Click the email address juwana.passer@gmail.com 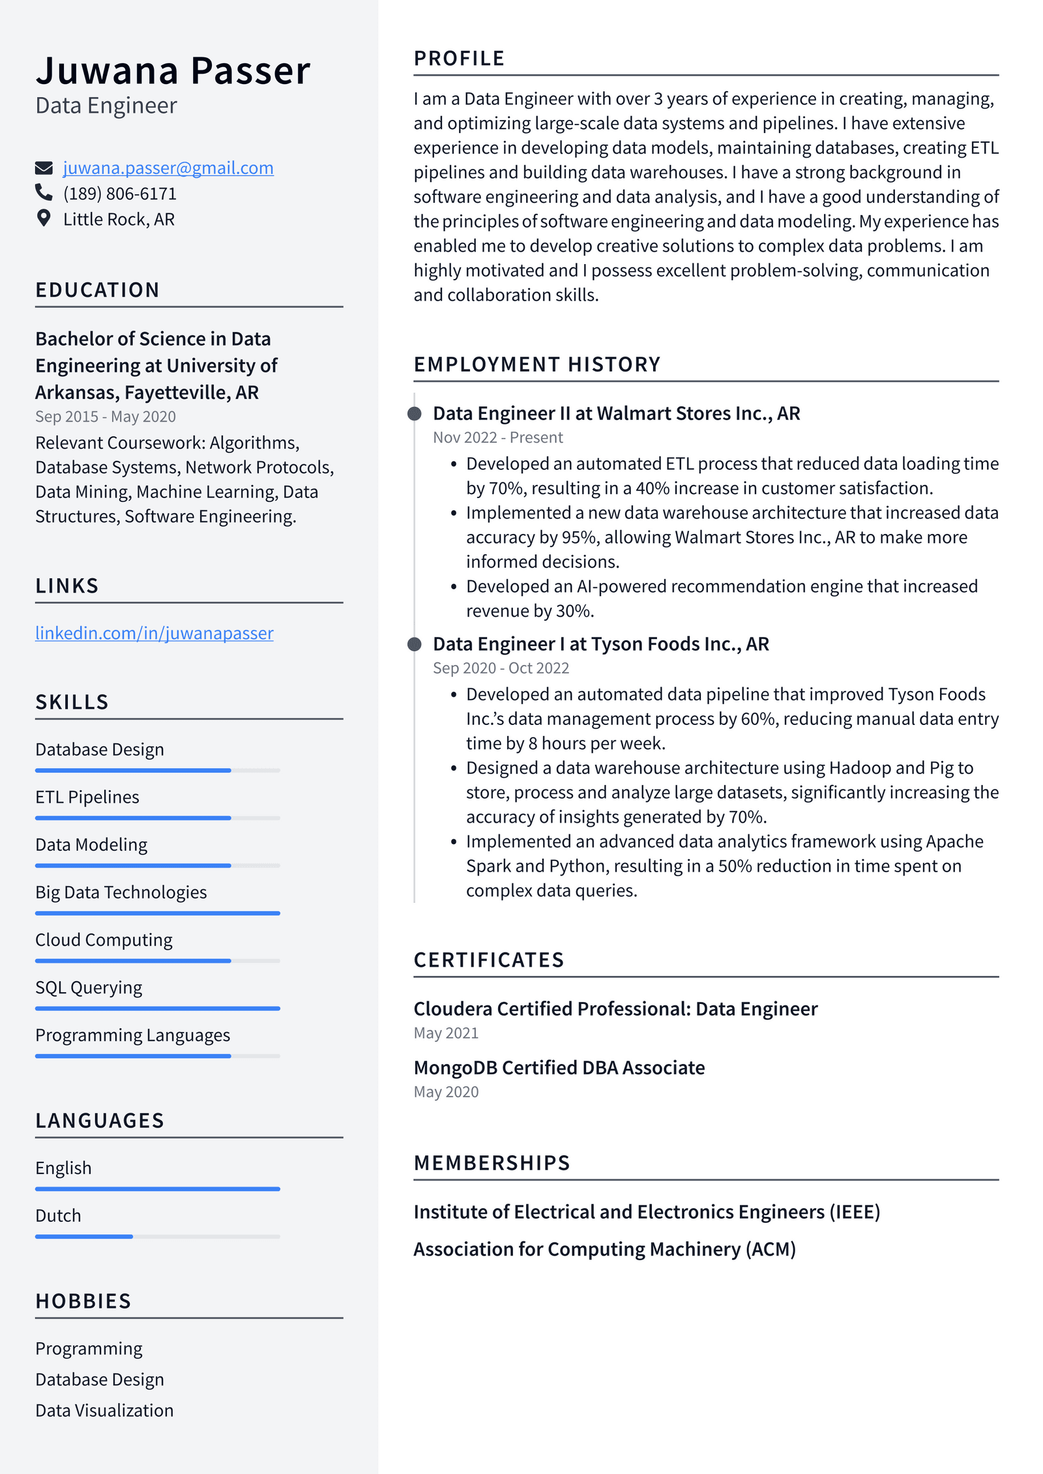(168, 168)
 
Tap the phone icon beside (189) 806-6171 (44, 192)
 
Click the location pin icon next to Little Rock (44, 218)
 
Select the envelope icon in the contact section (44, 168)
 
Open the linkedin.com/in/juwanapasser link (154, 633)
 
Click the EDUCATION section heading (98, 290)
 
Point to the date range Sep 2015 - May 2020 (106, 417)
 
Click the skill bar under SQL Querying (157, 1009)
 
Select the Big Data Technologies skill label (121, 892)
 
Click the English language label (63, 1168)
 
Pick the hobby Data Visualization (104, 1410)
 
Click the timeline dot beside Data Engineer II (414, 413)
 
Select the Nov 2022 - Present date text (497, 437)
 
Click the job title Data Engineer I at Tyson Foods (600, 644)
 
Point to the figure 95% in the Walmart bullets (579, 537)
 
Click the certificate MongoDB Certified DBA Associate (559, 1068)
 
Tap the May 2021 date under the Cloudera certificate (446, 1033)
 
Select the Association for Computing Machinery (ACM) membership (604, 1249)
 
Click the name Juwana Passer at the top (173, 70)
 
